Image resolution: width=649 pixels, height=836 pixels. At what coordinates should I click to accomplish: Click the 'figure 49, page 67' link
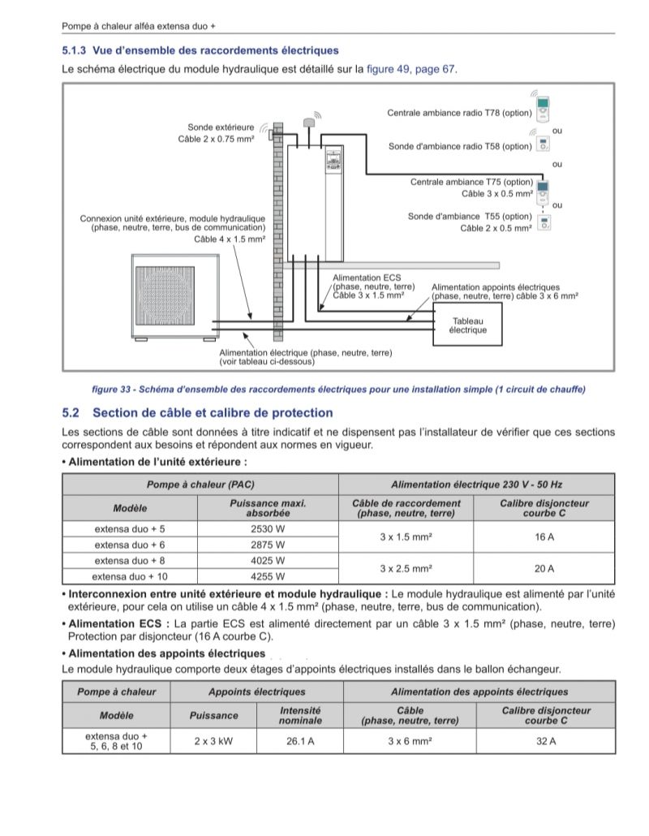click(411, 70)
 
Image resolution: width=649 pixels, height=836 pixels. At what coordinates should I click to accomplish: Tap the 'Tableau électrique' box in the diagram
click(468, 325)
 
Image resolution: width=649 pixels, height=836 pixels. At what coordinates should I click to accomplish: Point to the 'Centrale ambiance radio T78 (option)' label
click(458, 113)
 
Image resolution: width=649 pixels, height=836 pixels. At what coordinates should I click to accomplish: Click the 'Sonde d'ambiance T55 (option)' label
click(470, 217)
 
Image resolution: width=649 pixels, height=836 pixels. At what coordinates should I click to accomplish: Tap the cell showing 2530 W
click(268, 528)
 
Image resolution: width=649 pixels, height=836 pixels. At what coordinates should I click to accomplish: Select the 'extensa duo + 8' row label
click(130, 561)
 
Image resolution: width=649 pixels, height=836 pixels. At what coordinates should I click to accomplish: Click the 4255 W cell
click(268, 577)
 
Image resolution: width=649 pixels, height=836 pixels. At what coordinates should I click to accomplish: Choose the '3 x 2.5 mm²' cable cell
click(406, 569)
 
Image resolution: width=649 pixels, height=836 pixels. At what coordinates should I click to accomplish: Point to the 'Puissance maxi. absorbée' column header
click(268, 508)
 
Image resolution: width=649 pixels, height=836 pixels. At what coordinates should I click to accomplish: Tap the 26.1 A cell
click(300, 741)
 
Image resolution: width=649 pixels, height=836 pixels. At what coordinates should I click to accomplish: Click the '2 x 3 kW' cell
click(213, 741)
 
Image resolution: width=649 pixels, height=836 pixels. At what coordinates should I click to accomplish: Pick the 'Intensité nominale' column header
click(300, 715)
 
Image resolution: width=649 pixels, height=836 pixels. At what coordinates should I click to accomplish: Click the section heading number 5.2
click(71, 413)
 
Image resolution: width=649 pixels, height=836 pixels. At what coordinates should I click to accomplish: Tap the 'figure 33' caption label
click(114, 390)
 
